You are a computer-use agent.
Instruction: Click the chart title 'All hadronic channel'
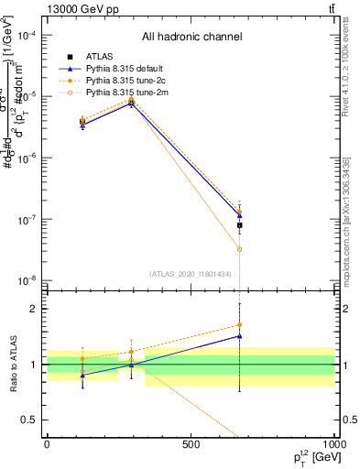pos(191,37)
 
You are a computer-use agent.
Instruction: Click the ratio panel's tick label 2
pos(35,309)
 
